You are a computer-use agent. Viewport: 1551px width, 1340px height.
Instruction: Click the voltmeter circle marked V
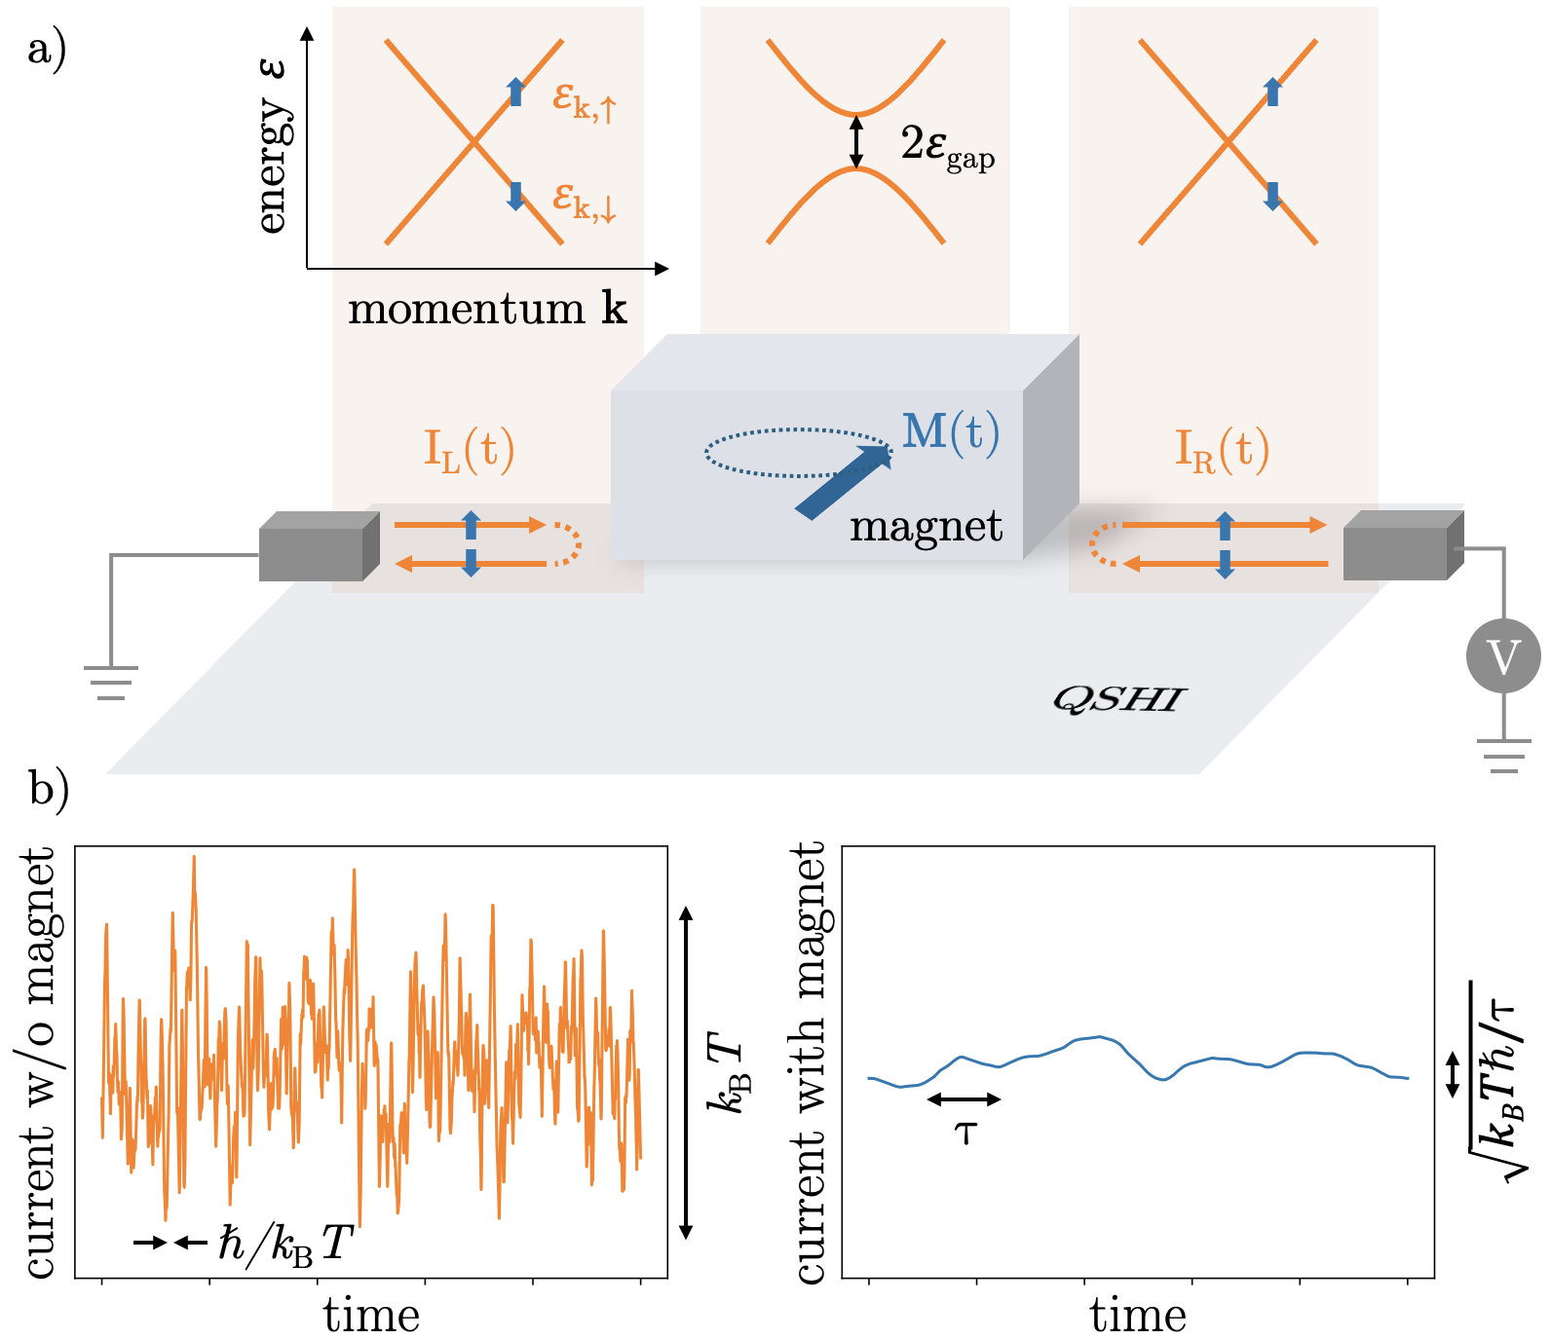[1502, 656]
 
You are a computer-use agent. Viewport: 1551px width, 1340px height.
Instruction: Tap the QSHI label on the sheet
[1118, 699]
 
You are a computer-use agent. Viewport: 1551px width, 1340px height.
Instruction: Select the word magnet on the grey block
[926, 527]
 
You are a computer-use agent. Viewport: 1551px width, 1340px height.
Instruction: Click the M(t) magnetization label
[950, 432]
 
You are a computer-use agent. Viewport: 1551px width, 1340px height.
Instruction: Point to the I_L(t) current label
[469, 450]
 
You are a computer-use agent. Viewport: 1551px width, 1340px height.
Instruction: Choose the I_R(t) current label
[1222, 450]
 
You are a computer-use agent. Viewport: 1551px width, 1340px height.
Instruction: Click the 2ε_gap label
[947, 146]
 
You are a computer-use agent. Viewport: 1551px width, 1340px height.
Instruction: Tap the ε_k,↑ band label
[584, 100]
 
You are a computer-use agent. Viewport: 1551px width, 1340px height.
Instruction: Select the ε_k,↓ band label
[584, 202]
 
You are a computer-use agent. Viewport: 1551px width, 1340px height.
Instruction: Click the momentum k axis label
[487, 310]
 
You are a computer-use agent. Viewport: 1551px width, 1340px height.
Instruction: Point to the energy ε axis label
[272, 146]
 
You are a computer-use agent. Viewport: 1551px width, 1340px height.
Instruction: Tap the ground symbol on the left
[111, 682]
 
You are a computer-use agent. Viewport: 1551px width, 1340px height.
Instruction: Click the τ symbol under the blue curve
[965, 1132]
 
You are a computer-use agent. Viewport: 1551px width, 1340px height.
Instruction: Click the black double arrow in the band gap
[855, 142]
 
